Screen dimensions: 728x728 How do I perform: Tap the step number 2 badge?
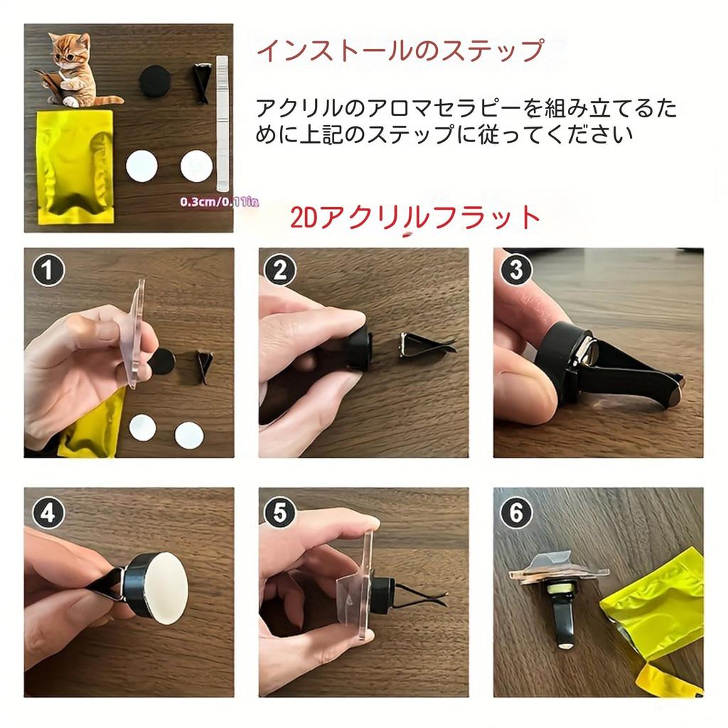click(280, 271)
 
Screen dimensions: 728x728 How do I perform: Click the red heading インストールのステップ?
click(400, 51)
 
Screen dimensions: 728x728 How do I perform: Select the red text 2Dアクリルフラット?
click(416, 218)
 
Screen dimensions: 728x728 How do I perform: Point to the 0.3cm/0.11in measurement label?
click(219, 202)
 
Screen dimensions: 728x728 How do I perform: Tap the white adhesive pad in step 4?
click(163, 588)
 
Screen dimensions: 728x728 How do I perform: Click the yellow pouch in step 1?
click(92, 427)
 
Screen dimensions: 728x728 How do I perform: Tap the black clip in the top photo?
click(202, 84)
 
